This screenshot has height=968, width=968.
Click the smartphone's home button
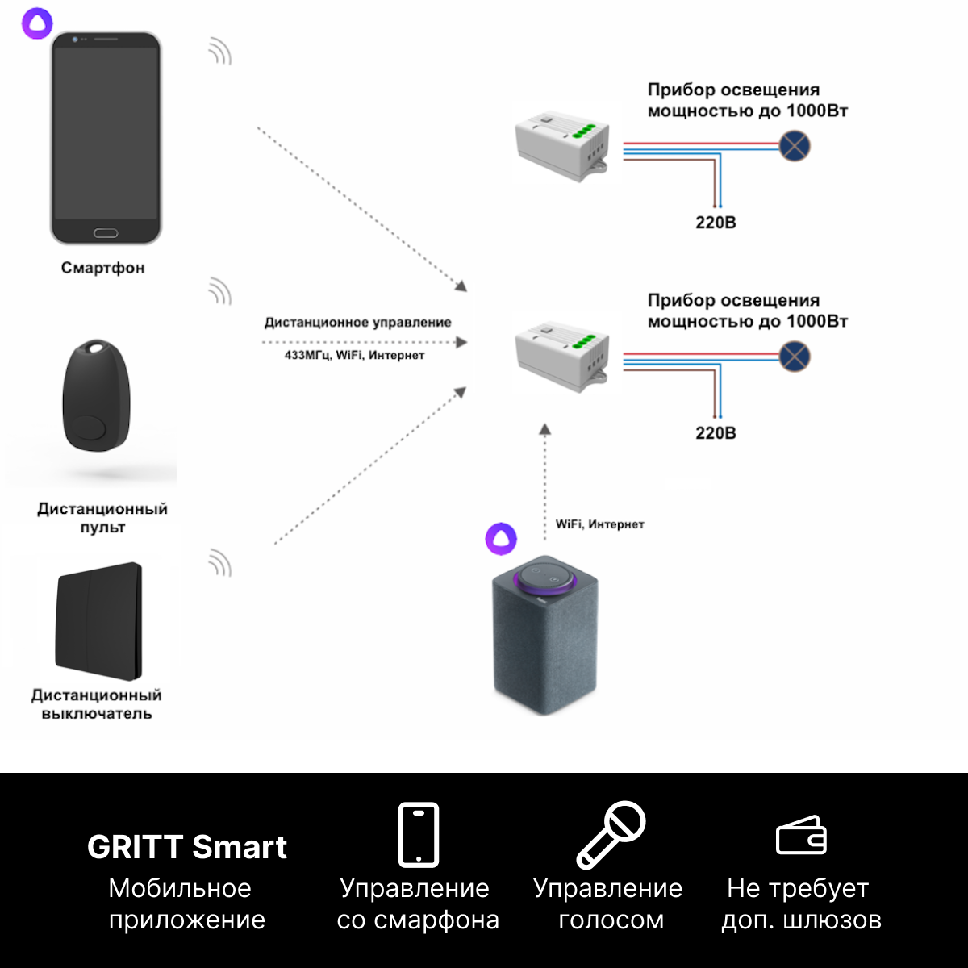click(106, 233)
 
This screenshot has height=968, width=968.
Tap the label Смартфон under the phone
click(102, 268)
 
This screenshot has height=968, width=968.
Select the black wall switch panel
click(98, 621)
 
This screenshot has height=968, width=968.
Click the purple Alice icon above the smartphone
click(37, 23)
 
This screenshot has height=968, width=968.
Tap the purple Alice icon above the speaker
click(501, 539)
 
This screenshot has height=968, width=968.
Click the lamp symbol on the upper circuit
click(795, 146)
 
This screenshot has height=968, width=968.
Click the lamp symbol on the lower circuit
click(795, 357)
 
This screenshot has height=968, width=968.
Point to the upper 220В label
click(716, 223)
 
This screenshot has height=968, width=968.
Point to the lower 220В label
click(716, 433)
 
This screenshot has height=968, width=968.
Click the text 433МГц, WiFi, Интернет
click(354, 355)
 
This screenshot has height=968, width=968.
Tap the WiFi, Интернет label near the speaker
click(599, 524)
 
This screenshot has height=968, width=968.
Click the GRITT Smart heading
click(187, 847)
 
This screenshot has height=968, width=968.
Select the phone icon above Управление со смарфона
click(419, 835)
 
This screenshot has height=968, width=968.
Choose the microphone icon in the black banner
click(611, 835)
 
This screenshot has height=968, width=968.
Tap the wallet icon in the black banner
click(801, 835)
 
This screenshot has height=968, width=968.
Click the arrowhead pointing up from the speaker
click(545, 429)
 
